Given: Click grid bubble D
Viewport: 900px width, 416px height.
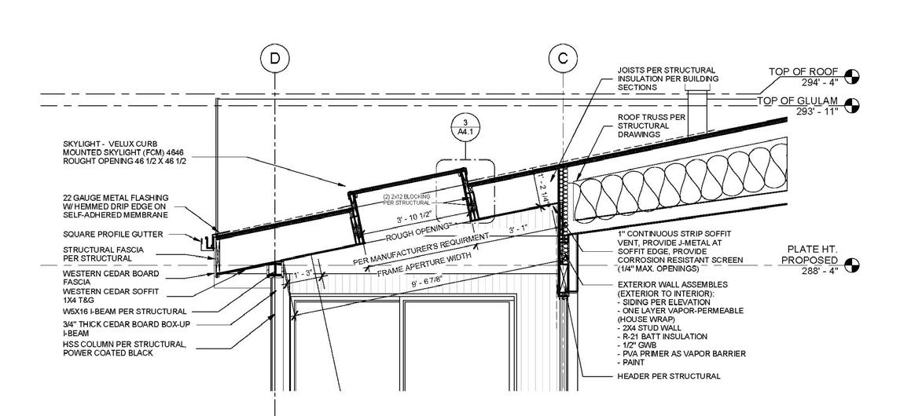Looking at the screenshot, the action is [274, 57].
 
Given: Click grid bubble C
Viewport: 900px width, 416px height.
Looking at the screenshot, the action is [563, 57].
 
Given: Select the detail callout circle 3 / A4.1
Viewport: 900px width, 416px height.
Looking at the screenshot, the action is [465, 128].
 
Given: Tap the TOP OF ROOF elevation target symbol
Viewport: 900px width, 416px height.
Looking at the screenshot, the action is [852, 76].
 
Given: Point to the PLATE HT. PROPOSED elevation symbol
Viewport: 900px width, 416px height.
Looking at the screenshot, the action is [852, 265].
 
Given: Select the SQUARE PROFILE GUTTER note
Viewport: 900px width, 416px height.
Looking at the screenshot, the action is [113, 234].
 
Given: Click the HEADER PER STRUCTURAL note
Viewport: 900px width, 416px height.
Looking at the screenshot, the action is [669, 376].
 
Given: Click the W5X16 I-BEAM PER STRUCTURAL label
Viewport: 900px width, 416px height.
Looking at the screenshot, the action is [125, 312].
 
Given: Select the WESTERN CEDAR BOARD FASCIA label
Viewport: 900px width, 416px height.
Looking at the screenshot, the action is [111, 277].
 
